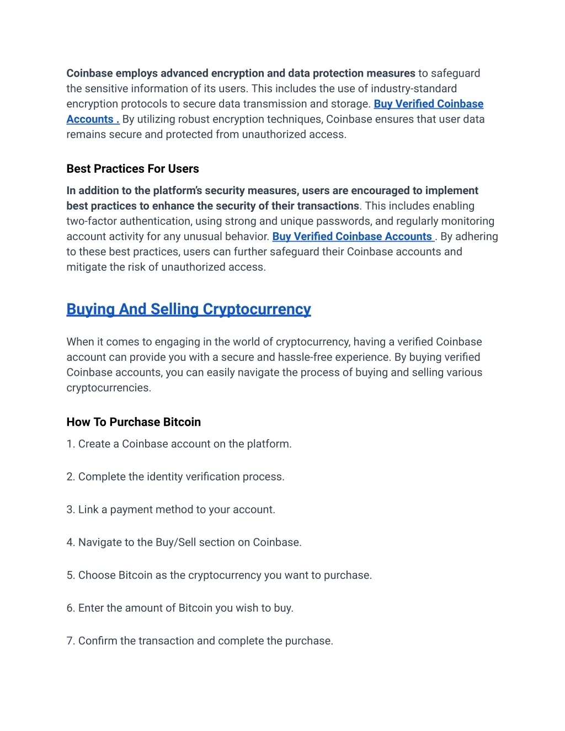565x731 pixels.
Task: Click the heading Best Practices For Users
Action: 132,169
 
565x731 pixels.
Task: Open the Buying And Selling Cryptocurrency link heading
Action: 189,309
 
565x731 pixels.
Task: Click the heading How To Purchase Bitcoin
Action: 134,422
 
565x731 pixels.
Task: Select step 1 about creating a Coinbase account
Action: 179,444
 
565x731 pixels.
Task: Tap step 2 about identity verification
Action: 175,477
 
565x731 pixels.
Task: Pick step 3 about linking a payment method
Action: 170,510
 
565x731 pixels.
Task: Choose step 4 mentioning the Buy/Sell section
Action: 184,542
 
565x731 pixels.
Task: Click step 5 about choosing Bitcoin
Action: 219,575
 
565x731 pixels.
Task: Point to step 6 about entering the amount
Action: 180,608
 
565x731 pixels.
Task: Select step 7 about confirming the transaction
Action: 200,641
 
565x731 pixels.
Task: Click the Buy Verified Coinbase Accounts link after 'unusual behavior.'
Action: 353,237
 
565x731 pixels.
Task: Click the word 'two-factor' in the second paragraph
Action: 89,221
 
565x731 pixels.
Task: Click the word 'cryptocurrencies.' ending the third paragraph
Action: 109,388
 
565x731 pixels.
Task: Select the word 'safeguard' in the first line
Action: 455,73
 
